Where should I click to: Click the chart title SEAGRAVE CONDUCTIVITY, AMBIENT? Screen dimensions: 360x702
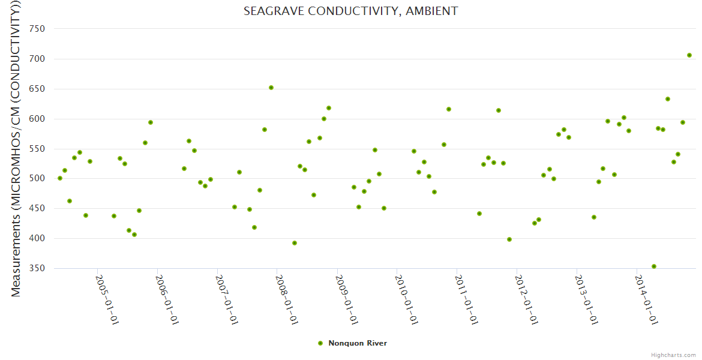coord(350,11)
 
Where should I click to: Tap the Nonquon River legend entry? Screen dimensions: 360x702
coord(357,343)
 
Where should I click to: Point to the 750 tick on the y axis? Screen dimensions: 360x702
coord(38,29)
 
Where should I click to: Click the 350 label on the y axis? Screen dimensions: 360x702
coord(38,268)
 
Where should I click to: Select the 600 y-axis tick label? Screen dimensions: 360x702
coord(38,119)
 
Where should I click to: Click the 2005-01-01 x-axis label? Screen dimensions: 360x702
coord(107,299)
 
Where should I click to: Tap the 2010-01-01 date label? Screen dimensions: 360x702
coord(406,299)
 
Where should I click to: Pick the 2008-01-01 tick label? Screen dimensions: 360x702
coord(287,299)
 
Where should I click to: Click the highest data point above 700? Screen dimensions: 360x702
coord(689,55)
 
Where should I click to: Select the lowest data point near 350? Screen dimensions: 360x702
coord(654,266)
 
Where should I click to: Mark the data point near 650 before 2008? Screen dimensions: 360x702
coord(271,88)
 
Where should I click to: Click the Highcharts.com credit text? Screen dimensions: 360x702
coord(674,355)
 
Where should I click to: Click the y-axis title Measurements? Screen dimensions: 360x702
coord(17,150)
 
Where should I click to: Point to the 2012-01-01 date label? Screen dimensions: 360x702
coord(526,299)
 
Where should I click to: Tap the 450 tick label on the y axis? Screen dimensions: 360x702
coord(38,209)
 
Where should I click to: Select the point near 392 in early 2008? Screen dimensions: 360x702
coord(295,243)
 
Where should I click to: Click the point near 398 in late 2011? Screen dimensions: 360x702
coord(509,239)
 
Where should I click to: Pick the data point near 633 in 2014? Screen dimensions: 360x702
coord(668,99)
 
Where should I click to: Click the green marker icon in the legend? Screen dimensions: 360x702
coord(320,343)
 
